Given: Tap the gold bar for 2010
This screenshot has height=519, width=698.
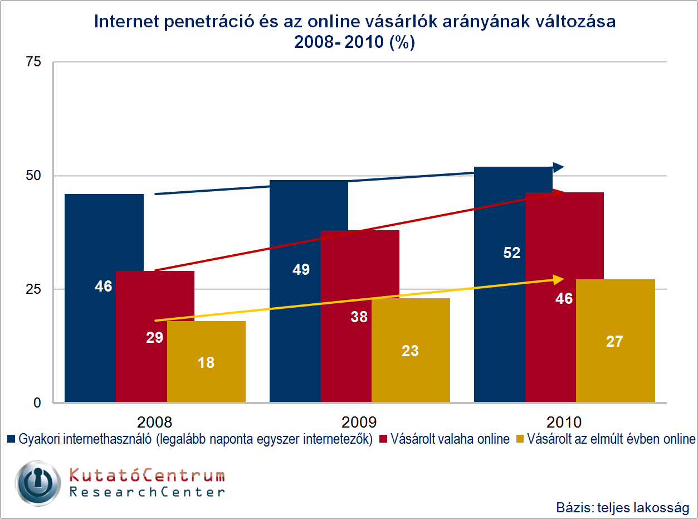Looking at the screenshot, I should tap(616, 368).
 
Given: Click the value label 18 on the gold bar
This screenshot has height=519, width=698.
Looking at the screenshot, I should tap(206, 362).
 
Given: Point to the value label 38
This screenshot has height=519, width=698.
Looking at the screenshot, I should tap(359, 317).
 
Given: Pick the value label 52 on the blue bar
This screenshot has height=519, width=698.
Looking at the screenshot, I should tap(511, 253).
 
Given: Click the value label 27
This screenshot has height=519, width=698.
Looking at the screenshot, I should tap(614, 341).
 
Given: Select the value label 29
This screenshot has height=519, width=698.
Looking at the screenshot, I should tap(154, 337).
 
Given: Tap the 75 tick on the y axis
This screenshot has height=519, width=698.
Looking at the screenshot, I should tap(34, 62).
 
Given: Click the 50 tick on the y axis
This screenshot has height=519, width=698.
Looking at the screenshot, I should tap(34, 176).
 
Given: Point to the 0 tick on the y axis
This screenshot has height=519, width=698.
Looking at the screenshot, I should tap(37, 402).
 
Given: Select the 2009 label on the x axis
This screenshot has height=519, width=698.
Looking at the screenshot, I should tap(360, 421).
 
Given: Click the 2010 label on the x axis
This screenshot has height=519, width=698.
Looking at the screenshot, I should tap(564, 421).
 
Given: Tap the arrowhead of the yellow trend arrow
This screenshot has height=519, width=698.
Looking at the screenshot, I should tap(558, 279).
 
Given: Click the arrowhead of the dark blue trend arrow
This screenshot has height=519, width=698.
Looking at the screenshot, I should tap(558, 167).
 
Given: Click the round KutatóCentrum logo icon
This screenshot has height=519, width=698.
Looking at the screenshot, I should tap(37, 483).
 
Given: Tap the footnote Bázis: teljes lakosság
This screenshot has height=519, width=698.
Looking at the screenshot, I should tap(623, 508).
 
